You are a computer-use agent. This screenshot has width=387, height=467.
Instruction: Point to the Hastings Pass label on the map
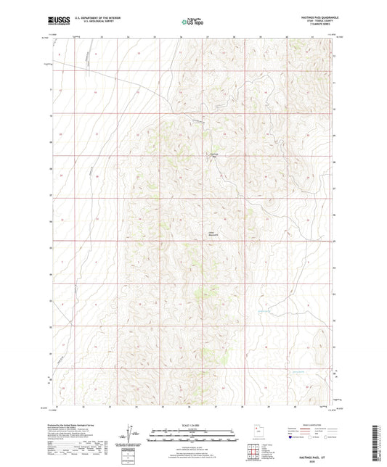pos(213,154)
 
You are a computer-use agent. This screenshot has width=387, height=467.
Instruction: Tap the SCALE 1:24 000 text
pos(192,426)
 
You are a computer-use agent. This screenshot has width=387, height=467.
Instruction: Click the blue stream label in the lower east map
pos(266,312)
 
